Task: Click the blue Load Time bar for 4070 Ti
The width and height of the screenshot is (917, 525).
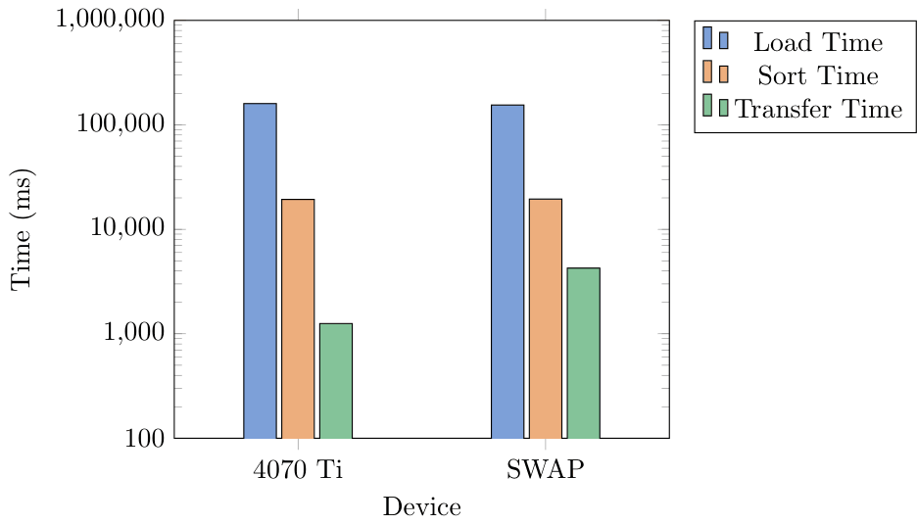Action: pos(260,270)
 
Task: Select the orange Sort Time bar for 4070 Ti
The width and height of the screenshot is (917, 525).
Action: pos(298,318)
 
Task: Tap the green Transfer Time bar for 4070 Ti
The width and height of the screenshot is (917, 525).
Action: pos(336,380)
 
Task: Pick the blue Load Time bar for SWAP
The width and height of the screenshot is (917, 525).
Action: pos(507,271)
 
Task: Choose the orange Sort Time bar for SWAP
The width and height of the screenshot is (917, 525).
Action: pos(546,318)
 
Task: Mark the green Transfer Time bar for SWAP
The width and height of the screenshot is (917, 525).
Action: pos(583,353)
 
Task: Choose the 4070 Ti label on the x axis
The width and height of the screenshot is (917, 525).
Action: pos(298,469)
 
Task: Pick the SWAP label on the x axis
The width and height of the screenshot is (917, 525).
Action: pos(546,469)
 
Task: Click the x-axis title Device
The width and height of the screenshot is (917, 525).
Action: pos(421,506)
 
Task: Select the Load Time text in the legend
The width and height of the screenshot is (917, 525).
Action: pos(818,43)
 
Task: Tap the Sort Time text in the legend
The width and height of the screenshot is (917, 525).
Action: pos(818,75)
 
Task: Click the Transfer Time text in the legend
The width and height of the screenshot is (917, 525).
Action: pos(818,109)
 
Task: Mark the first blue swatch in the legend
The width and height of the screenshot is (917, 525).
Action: pos(706,40)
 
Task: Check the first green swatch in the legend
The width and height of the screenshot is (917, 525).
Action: pos(706,106)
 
